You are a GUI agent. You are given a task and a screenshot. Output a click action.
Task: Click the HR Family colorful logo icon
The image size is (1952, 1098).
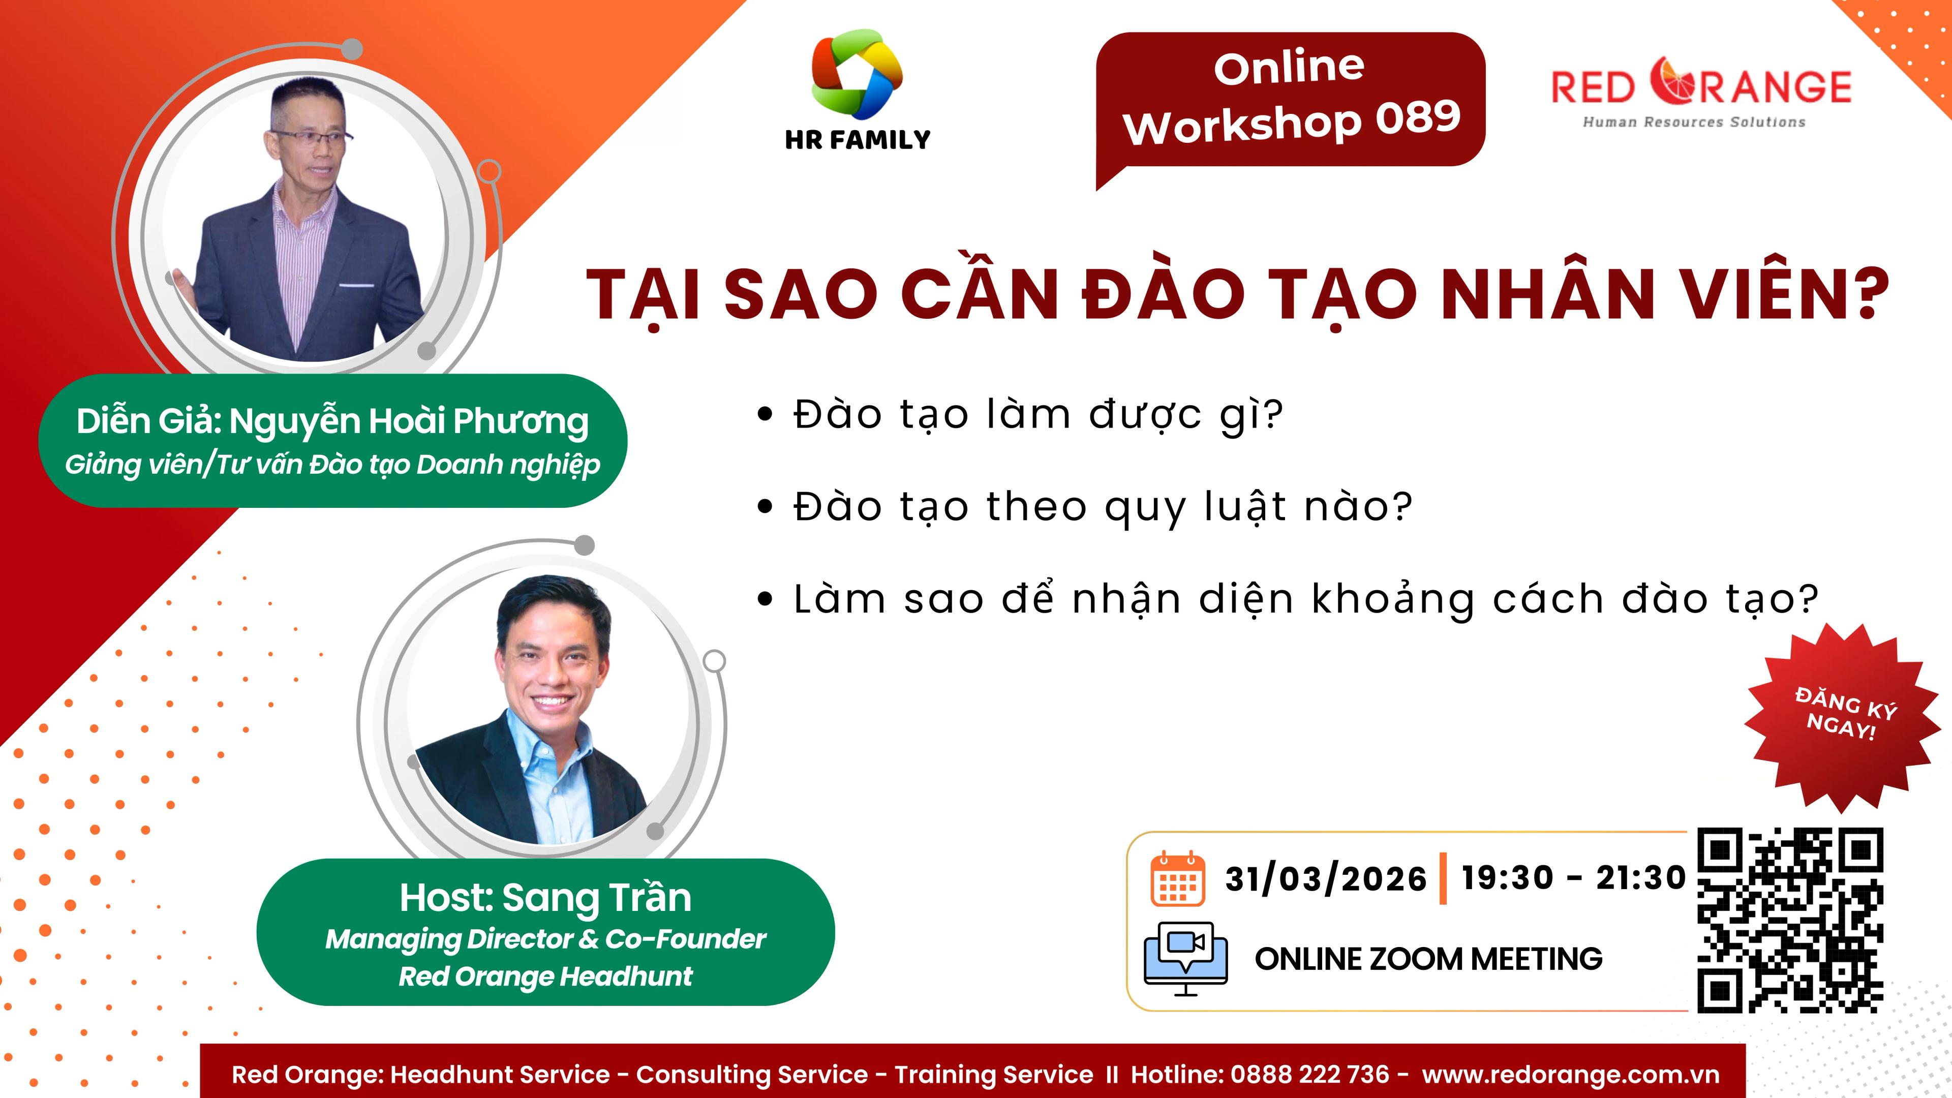(x=857, y=74)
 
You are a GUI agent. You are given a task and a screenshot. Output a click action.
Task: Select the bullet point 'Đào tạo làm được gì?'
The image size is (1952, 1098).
(x=1038, y=414)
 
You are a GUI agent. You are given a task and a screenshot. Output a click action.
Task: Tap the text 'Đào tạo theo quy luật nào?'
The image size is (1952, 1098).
(x=1103, y=506)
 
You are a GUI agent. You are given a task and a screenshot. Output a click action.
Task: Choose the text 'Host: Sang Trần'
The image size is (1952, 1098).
(x=545, y=897)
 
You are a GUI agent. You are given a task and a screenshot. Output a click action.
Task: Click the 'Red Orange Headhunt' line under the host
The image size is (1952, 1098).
(x=545, y=976)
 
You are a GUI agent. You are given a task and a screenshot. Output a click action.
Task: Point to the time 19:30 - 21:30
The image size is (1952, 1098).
(x=1573, y=877)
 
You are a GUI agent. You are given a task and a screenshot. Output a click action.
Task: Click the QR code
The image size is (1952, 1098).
(x=1790, y=920)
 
